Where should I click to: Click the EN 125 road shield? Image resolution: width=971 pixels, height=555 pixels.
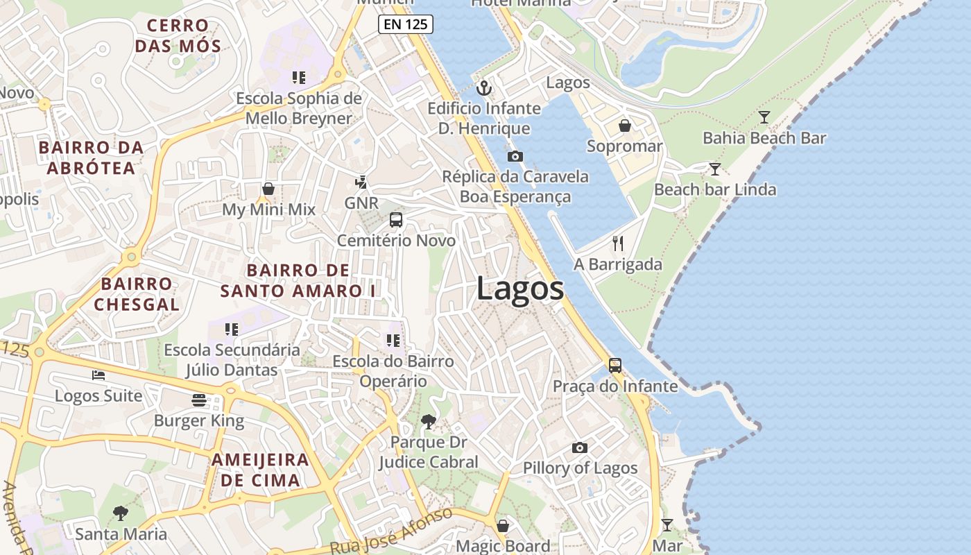tap(406, 24)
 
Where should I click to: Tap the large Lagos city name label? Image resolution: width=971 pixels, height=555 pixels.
tap(520, 289)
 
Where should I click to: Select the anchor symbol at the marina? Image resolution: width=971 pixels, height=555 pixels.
tap(484, 88)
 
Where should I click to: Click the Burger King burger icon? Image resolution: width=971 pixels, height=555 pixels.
tap(199, 400)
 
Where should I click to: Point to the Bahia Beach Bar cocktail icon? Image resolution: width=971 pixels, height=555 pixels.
tap(764, 117)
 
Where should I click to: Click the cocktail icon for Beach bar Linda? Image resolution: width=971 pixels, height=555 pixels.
tap(714, 169)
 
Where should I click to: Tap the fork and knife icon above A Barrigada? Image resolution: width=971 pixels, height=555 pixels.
tap(618, 244)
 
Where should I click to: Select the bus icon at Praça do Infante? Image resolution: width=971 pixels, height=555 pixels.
tap(615, 365)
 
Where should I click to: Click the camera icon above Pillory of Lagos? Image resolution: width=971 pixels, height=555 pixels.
tap(579, 448)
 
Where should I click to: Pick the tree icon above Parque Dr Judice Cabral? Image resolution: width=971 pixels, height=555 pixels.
tap(429, 421)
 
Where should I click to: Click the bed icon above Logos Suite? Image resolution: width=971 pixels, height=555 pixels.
tap(98, 375)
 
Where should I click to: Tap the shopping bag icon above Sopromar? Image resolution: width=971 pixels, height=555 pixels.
tap(624, 126)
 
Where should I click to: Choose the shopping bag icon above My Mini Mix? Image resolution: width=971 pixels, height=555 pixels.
tap(268, 189)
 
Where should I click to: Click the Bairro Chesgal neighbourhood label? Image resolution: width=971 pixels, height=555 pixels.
tap(137, 293)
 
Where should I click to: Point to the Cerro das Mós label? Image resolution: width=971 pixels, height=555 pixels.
tap(178, 36)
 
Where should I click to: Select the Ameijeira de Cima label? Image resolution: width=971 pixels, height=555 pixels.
tap(260, 470)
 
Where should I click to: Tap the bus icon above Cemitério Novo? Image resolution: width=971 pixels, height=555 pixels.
tap(396, 220)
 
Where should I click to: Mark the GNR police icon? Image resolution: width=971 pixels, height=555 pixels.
tap(361, 182)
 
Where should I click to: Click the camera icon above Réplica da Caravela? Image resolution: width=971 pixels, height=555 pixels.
tap(515, 156)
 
